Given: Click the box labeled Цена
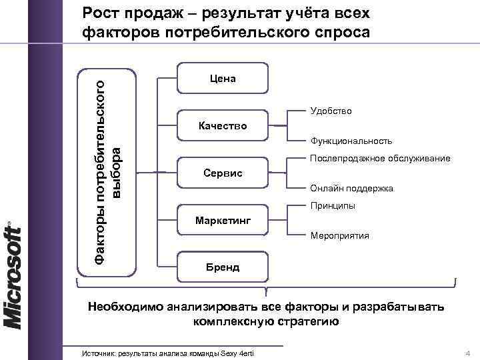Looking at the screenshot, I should (x=223, y=79).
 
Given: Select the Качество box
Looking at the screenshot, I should (x=223, y=125).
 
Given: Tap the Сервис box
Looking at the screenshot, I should (x=223, y=173).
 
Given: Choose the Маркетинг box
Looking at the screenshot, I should (x=223, y=220).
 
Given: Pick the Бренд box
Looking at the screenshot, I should (x=223, y=267).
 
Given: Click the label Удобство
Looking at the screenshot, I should (x=331, y=111).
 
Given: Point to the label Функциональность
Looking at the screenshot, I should (x=351, y=141).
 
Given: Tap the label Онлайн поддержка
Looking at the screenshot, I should (x=351, y=189).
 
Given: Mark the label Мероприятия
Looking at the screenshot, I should (x=340, y=236).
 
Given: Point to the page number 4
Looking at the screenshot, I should (x=467, y=352).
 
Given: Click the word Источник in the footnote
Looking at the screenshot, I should (x=98, y=352).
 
